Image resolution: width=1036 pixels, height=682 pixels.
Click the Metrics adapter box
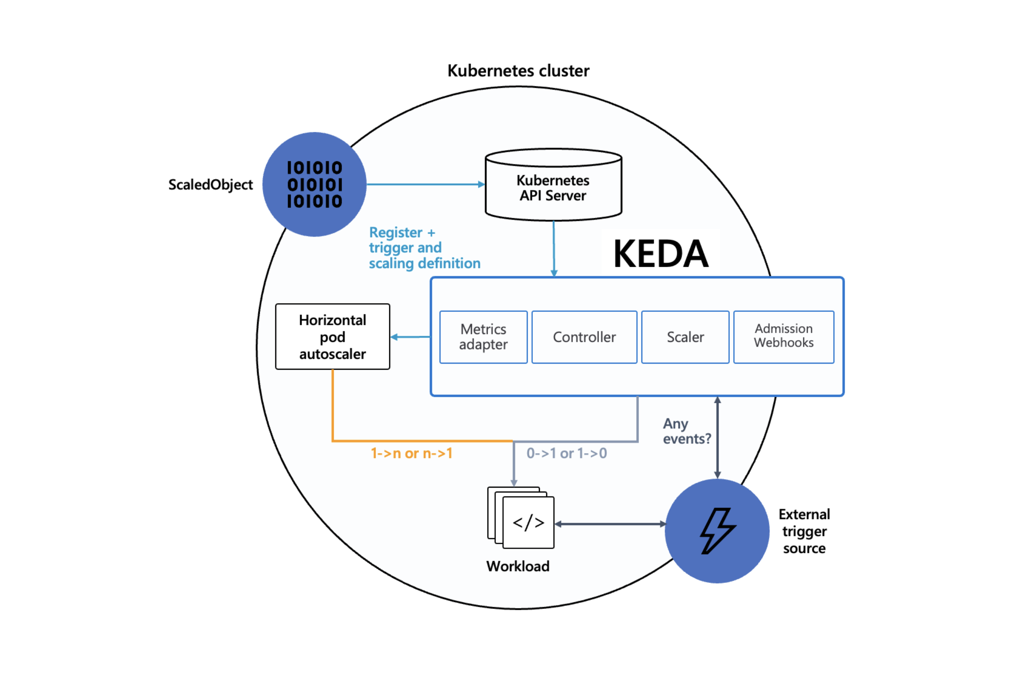(x=483, y=337)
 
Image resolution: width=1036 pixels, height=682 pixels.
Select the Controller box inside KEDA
(x=584, y=337)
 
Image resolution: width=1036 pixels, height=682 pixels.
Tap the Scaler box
(x=685, y=337)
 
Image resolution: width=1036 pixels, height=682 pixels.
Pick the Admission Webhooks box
(x=784, y=337)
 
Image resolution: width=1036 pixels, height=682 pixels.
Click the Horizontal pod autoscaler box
(x=333, y=336)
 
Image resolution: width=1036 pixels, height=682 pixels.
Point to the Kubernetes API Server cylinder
(x=553, y=187)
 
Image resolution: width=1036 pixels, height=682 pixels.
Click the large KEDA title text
(x=660, y=253)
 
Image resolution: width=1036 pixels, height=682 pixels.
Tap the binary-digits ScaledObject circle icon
(x=314, y=184)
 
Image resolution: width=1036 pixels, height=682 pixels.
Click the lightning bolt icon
(x=717, y=531)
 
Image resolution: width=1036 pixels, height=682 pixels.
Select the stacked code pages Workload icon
(x=521, y=518)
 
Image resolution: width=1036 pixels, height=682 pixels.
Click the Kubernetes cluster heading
(x=518, y=70)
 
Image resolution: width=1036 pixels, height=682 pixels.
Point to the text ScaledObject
(x=210, y=184)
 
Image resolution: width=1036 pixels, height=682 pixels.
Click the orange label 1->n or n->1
(x=411, y=453)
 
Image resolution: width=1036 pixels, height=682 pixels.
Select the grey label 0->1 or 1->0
(x=566, y=453)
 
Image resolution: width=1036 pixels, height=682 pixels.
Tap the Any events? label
(x=686, y=431)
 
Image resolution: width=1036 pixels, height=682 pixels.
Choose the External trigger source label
(x=804, y=531)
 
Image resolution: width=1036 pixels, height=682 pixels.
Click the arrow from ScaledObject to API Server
(x=424, y=184)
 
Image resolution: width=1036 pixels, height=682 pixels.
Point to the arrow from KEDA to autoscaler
(x=410, y=337)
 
